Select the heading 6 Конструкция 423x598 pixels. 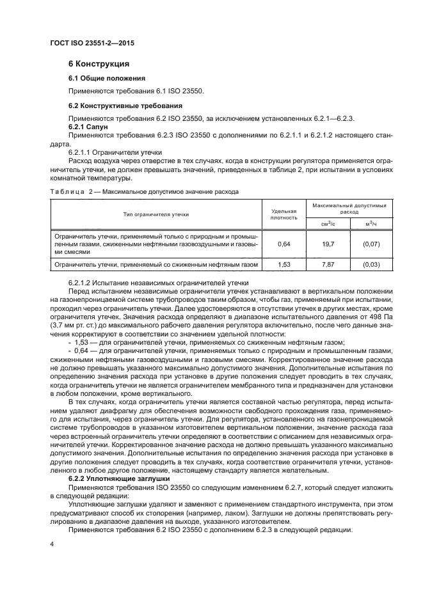tap(99, 64)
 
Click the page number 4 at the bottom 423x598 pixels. tap(52, 544)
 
